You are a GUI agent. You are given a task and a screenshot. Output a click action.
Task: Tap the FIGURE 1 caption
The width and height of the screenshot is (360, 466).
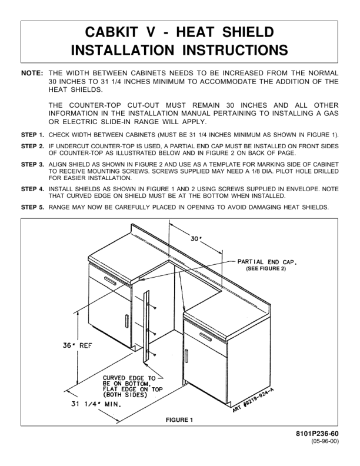(x=179, y=420)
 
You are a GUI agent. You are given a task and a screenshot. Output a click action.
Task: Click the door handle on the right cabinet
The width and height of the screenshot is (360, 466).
(x=186, y=356)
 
